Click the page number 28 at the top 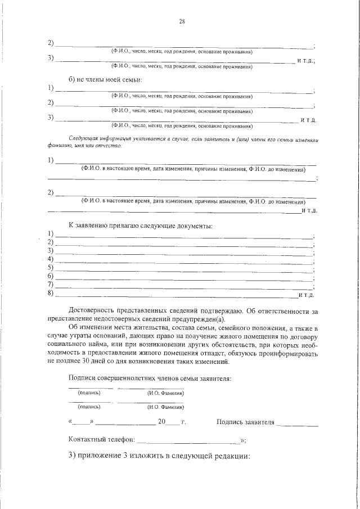[182, 22]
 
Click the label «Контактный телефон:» [101, 439]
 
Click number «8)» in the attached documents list [51, 294]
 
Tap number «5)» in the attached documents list [51, 267]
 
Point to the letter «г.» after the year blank [183, 421]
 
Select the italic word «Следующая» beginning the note [83, 137]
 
